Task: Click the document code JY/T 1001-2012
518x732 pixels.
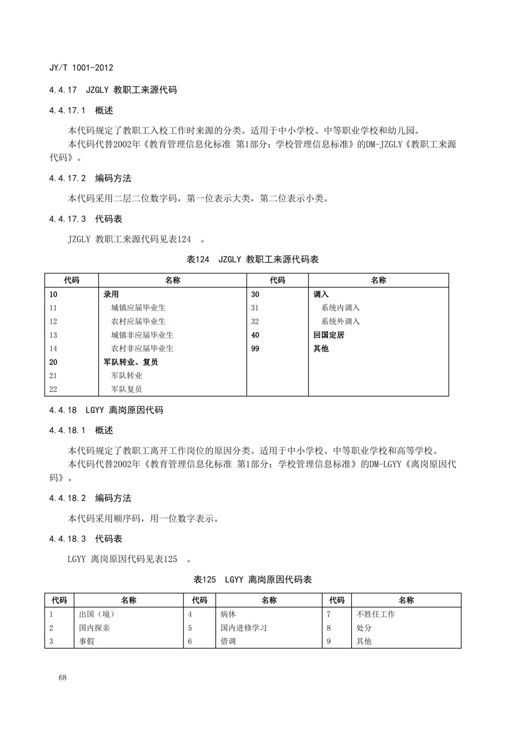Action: pos(81,68)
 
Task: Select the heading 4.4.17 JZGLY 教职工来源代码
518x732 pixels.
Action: pos(113,90)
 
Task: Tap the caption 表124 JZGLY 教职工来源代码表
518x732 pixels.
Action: pos(253,259)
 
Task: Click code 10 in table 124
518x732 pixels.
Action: pos(53,294)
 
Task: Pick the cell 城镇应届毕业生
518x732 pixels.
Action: pos(138,308)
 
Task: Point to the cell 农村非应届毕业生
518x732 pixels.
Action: pos(142,349)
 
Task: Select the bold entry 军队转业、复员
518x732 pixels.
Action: pos(130,362)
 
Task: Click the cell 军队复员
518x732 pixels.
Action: pos(126,389)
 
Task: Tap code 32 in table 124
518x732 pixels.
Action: pos(255,322)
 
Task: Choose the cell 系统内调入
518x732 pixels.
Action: pos(340,308)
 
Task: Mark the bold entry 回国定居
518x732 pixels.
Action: pos(328,335)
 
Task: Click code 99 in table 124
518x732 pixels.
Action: pos(255,349)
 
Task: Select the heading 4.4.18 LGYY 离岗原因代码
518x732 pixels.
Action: pos(106,410)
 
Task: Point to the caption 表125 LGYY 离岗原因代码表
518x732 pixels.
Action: pos(253,579)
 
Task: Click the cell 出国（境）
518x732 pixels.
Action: pos(97,614)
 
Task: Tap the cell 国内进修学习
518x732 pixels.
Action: pos(244,628)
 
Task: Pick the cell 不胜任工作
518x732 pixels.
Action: pos(375,614)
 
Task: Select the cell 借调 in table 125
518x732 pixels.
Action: pos(228,641)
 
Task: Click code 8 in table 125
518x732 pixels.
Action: pos(328,628)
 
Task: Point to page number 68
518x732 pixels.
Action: pos(63,678)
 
